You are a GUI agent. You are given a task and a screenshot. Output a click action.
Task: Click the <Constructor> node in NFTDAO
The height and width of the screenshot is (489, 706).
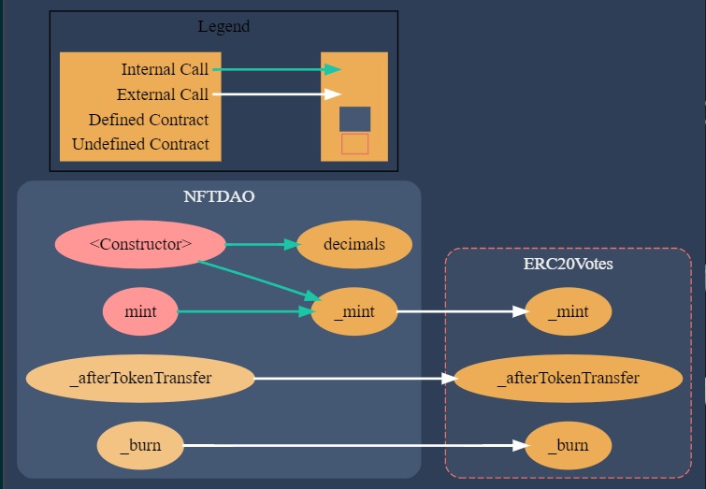[140, 245]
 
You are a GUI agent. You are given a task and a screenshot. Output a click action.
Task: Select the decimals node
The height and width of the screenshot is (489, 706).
[353, 245]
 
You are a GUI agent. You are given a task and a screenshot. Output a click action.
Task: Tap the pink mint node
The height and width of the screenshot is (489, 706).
[140, 311]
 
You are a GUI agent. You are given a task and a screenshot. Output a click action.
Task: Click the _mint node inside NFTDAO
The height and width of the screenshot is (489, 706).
[353, 311]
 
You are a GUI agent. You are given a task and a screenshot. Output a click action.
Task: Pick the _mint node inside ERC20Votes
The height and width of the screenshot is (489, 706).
[568, 311]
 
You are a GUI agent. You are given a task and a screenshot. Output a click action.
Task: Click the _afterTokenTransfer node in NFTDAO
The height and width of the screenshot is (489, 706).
[140, 379]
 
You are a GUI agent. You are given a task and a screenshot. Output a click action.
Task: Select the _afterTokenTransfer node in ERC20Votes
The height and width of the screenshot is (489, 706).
[568, 379]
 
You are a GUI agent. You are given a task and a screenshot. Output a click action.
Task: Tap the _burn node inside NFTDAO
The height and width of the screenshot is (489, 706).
[140, 445]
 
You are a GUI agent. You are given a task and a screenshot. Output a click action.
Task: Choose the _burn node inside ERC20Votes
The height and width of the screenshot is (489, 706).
[568, 445]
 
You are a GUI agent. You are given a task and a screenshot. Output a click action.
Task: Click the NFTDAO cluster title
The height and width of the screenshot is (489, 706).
[219, 197]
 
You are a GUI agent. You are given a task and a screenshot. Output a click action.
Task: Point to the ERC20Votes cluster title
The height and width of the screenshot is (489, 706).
[568, 264]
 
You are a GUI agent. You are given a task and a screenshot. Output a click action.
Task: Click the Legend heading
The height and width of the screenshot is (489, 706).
[223, 26]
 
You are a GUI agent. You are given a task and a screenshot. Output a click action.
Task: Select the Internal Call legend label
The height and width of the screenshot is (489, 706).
[165, 70]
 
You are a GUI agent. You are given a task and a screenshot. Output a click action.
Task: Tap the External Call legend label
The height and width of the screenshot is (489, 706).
[163, 94]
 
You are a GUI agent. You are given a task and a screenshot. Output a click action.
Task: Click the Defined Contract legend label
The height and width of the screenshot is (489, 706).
[149, 120]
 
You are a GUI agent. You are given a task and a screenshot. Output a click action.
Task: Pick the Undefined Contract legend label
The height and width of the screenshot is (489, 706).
[140, 144]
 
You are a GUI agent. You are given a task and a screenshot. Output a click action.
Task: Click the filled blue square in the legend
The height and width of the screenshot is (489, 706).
[354, 119]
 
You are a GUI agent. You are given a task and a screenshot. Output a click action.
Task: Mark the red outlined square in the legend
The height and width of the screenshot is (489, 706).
[354, 144]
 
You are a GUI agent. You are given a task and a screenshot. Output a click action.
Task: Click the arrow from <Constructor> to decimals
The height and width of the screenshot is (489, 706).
[260, 245]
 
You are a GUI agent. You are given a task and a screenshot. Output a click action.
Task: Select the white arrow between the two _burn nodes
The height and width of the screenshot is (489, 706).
[353, 445]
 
